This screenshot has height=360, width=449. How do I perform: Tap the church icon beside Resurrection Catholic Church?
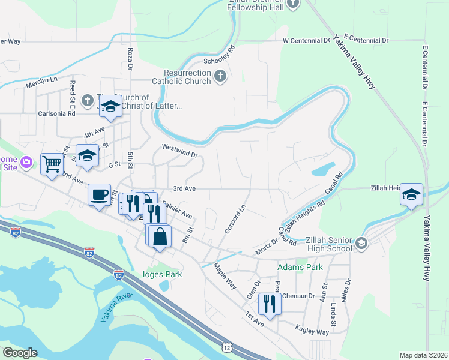220,76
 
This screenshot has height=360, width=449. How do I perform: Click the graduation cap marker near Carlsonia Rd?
111,106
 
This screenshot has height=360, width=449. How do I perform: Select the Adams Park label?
300,267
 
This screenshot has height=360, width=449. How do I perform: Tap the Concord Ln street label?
235,220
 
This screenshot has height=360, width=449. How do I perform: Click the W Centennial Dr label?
306,41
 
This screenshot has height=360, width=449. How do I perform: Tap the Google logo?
20,353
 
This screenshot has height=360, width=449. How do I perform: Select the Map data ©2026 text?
423,355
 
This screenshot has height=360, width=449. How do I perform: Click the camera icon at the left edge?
26,162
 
